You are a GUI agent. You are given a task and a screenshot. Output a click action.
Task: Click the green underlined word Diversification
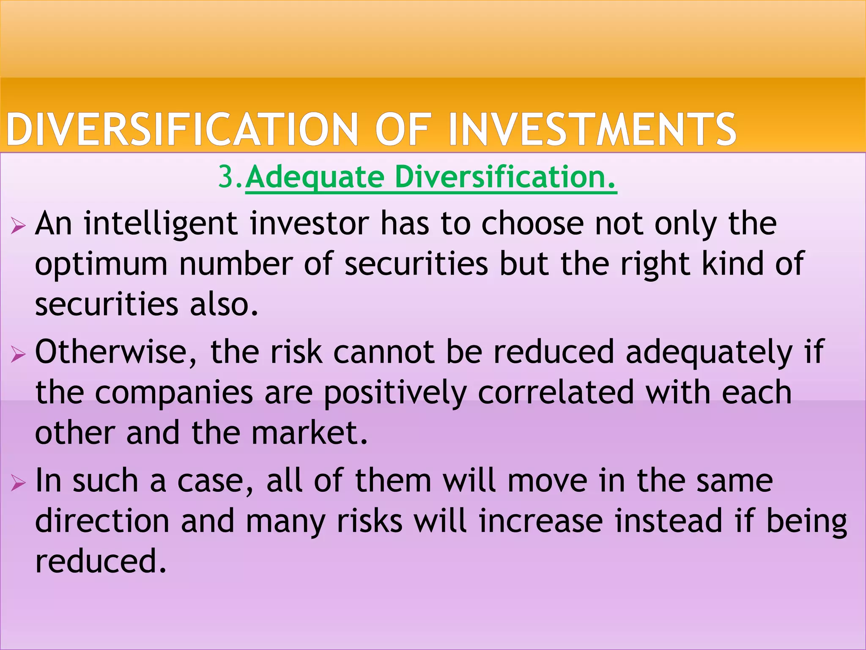click(x=505, y=176)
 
